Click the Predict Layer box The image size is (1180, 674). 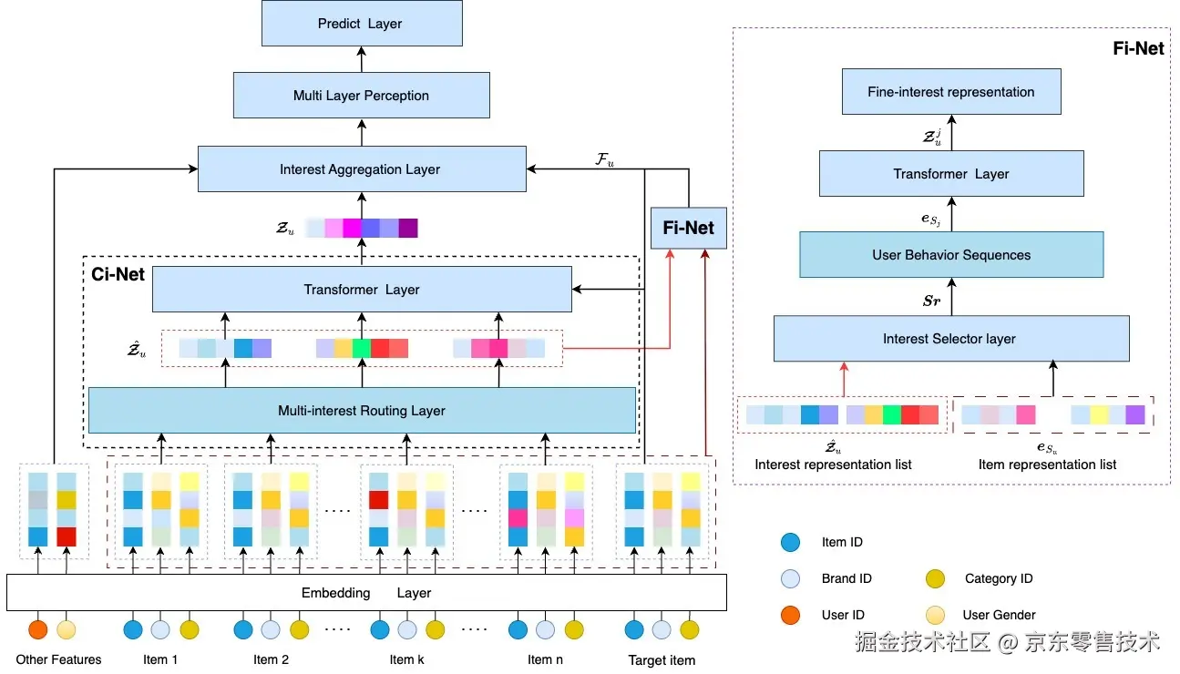pyautogui.click(x=361, y=24)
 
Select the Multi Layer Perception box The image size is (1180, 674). pyautogui.click(x=361, y=96)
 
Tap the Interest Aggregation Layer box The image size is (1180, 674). pyautogui.click(x=361, y=169)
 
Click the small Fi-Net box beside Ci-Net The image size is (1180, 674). pyautogui.click(x=689, y=228)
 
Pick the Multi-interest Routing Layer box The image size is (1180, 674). pyautogui.click(x=361, y=411)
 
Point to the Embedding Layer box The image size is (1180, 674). pyautogui.click(x=365, y=593)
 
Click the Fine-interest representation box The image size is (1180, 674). pyautogui.click(x=950, y=92)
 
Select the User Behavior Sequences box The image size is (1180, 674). pyautogui.click(x=950, y=255)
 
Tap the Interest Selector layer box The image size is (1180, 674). pyautogui.click(x=950, y=339)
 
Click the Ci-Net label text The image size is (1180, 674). pyautogui.click(x=118, y=273)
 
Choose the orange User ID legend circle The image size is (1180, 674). pyautogui.click(x=791, y=615)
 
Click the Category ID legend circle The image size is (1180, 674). pyautogui.click(x=934, y=578)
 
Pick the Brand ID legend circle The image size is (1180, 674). pyautogui.click(x=791, y=578)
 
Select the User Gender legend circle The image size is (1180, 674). pyautogui.click(x=934, y=615)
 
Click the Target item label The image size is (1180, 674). pyautogui.click(x=662, y=660)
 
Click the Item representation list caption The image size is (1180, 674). pyautogui.click(x=1047, y=465)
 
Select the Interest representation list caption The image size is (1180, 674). pyautogui.click(x=833, y=465)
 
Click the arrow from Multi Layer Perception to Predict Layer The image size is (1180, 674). pyautogui.click(x=361, y=59)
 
